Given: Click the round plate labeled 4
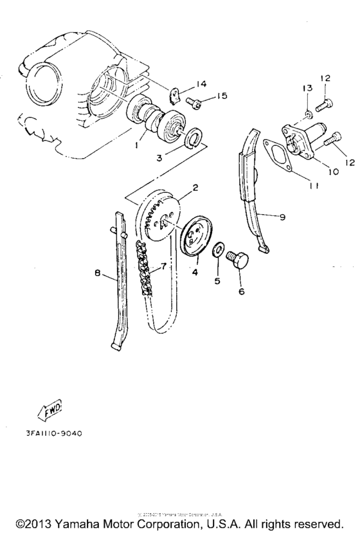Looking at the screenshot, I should (x=195, y=239).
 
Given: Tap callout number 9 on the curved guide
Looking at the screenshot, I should (x=283, y=217).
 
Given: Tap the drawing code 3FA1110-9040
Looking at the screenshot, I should (x=53, y=433).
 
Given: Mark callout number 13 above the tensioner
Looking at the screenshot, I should (x=307, y=87).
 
